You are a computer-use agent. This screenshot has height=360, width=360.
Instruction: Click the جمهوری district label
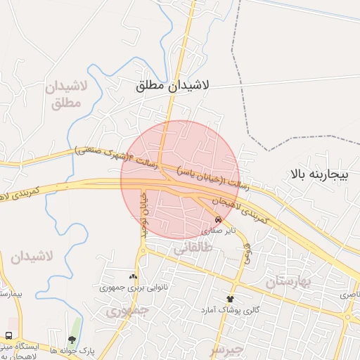(131, 309)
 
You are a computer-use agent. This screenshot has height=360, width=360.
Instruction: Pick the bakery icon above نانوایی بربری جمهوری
(133, 276)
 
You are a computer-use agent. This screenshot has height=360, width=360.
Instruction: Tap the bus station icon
(9, 336)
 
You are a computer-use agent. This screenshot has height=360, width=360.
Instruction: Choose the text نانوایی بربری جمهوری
(127, 288)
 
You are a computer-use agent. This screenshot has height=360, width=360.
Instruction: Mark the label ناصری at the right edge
(349, 295)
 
